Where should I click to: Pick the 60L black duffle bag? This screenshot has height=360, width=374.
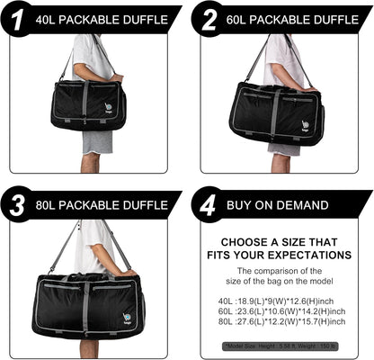(276, 112)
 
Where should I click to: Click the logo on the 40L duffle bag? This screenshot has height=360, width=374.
(108, 108)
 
